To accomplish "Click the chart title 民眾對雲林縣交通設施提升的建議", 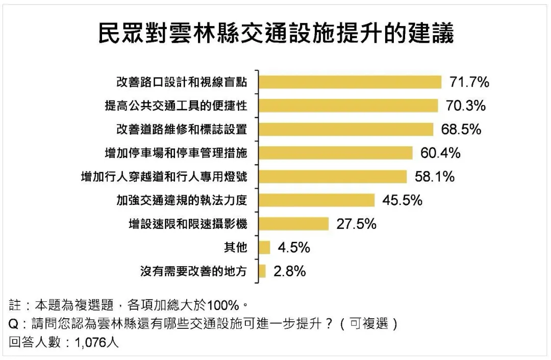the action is [x=276, y=33].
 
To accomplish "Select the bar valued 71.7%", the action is [x=350, y=82].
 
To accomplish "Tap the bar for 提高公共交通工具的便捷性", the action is [x=348, y=106].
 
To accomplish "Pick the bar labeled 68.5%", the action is [x=346, y=129].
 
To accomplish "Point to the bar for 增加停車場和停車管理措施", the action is [x=336, y=153].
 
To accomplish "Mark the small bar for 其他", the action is [x=265, y=247].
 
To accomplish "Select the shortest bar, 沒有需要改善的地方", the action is [x=263, y=271].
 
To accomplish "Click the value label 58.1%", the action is [x=435, y=176].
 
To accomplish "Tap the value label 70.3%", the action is [x=466, y=106].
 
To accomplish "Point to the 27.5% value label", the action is [x=356, y=224].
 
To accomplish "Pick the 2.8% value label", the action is [x=290, y=271].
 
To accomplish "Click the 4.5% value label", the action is [x=294, y=248].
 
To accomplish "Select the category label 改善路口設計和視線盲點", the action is [x=182, y=82].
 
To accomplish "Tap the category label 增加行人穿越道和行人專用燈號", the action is [x=164, y=176].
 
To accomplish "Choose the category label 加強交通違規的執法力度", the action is [x=182, y=200].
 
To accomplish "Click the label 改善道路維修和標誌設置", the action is [x=182, y=129].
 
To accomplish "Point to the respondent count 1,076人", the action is [x=96, y=342].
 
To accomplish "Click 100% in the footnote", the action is [x=223, y=305].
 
